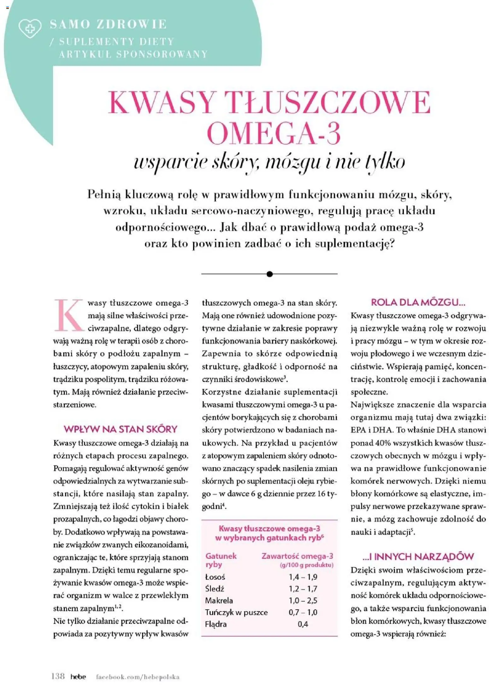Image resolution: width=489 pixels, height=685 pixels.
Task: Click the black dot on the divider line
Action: click(x=269, y=274)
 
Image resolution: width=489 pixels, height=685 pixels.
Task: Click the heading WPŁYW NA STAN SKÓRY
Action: click(x=121, y=429)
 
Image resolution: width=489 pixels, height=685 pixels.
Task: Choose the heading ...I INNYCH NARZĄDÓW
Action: click(x=418, y=557)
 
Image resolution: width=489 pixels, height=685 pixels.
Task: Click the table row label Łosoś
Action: click(x=215, y=577)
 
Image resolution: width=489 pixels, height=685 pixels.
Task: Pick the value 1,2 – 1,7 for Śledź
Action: click(x=303, y=589)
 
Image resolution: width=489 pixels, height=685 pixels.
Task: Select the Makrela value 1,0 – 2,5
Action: click(x=303, y=600)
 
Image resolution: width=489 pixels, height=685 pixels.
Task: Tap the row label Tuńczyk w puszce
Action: click(x=236, y=612)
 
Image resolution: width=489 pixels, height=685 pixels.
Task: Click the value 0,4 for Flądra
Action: click(x=303, y=624)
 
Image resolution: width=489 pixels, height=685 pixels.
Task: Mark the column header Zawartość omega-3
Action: click(x=297, y=556)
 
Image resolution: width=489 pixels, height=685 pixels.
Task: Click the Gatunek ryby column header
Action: click(x=221, y=560)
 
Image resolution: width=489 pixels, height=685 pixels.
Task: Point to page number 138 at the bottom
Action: click(x=58, y=676)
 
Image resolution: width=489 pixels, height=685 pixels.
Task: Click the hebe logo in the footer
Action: click(x=78, y=676)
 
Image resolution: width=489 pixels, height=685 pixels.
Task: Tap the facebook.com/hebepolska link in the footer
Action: click(x=138, y=676)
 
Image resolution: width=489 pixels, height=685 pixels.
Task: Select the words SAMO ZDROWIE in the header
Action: click(x=108, y=24)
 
